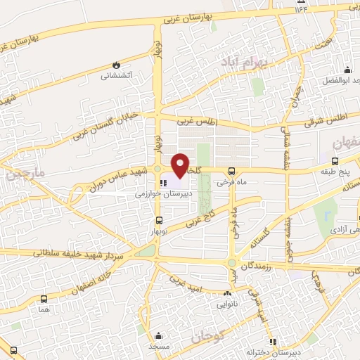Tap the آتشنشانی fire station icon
coord(116,64)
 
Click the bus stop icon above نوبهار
coord(158,221)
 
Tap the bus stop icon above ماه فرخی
coord(232,171)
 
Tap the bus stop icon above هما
coord(44,299)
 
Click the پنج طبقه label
coord(333,170)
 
